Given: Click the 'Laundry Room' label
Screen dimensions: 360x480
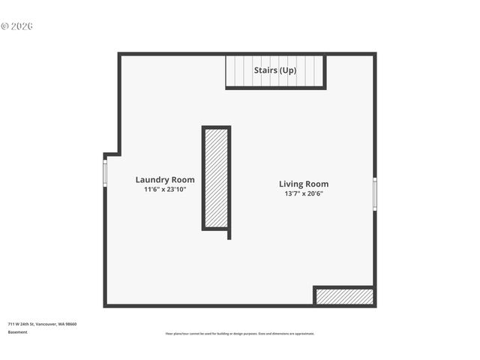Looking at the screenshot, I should pyautogui.click(x=165, y=179).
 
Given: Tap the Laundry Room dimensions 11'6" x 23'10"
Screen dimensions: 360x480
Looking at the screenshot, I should pyautogui.click(x=165, y=190).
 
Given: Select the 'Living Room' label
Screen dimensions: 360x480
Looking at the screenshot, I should pyautogui.click(x=304, y=184).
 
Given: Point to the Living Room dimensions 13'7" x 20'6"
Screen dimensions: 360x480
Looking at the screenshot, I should pyautogui.click(x=304, y=194).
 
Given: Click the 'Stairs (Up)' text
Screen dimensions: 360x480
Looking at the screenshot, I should pyautogui.click(x=275, y=70).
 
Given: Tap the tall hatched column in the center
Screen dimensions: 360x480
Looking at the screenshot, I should pyautogui.click(x=216, y=178).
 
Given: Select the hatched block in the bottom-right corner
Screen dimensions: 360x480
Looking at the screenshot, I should pyautogui.click(x=344, y=296).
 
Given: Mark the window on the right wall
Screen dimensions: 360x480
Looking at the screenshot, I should pyautogui.click(x=375, y=194).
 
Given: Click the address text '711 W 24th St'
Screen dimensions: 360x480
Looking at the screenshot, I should pyautogui.click(x=22, y=324).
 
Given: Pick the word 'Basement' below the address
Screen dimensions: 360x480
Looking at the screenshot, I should pyautogui.click(x=18, y=331).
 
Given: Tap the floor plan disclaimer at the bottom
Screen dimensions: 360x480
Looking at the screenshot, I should pyautogui.click(x=240, y=334).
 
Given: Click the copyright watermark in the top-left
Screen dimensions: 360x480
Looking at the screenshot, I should pyautogui.click(x=17, y=26).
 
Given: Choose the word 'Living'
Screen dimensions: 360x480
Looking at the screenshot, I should pyautogui.click(x=292, y=184).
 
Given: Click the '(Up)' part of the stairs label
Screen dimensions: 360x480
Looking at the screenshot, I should pyautogui.click(x=287, y=70).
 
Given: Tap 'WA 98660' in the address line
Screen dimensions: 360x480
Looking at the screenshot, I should pyautogui.click(x=67, y=324).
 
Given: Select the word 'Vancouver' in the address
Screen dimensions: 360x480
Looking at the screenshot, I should pyautogui.click(x=47, y=324).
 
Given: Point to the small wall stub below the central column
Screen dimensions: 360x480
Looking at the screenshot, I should pyautogui.click(x=229, y=235).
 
